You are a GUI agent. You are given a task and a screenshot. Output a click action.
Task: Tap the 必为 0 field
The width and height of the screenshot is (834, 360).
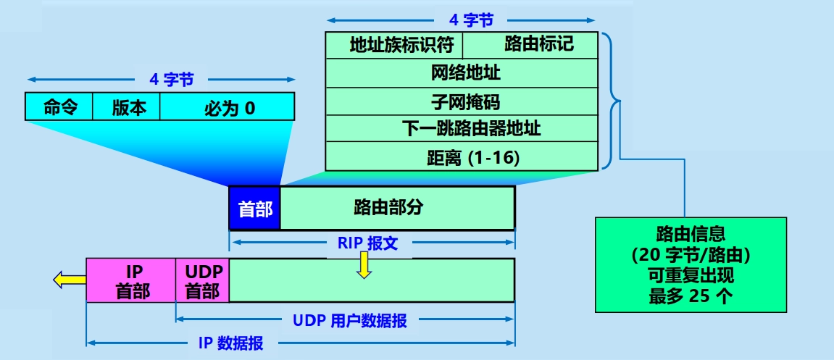pyautogui.click(x=228, y=107)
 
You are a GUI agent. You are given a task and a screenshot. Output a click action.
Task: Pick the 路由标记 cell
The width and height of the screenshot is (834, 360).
pyautogui.click(x=530, y=45)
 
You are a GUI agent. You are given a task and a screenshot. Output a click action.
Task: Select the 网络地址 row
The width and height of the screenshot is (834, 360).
pyautogui.click(x=462, y=73)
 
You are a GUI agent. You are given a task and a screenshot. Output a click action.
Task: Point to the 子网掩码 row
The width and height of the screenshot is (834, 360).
pyautogui.click(x=462, y=101)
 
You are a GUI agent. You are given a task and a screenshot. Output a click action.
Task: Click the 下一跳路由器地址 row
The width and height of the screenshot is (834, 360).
pyautogui.click(x=462, y=130)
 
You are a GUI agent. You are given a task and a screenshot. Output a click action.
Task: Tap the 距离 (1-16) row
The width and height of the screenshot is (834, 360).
pyautogui.click(x=462, y=157)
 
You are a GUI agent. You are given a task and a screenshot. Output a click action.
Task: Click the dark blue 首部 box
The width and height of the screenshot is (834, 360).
pyautogui.click(x=254, y=209)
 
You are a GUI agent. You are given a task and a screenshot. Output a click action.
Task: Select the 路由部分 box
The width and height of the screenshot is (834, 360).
pyautogui.click(x=397, y=209)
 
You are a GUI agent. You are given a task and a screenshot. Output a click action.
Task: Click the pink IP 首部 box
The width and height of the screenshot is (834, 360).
pyautogui.click(x=131, y=281)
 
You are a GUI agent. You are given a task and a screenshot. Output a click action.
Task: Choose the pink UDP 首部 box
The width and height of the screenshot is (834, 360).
pyautogui.click(x=202, y=281)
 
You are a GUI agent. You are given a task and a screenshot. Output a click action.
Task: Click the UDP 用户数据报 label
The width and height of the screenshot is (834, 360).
pyautogui.click(x=350, y=319)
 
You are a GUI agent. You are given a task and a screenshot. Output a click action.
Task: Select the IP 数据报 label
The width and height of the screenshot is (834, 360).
pyautogui.click(x=230, y=343)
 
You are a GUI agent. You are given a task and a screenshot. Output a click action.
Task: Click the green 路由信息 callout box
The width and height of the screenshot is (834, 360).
pyautogui.click(x=691, y=265)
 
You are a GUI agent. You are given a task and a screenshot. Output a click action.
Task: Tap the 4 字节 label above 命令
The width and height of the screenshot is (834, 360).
pyautogui.click(x=172, y=80)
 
